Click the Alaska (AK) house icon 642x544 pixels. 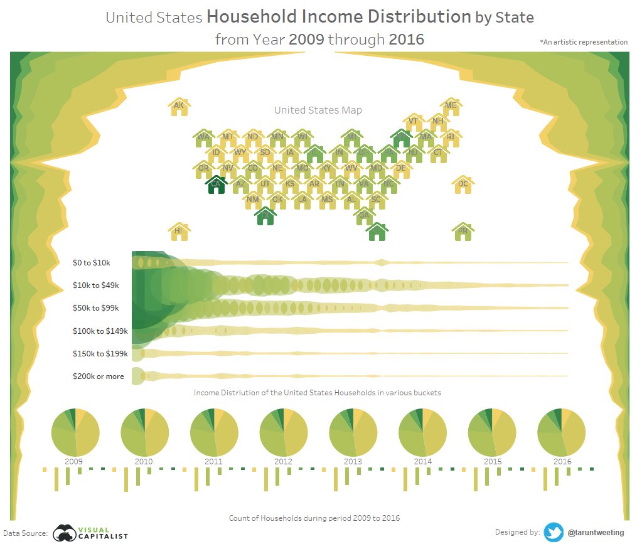point(179,107)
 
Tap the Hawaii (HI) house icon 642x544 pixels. point(179,231)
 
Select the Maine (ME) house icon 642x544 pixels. point(450,107)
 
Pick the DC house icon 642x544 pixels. point(463,184)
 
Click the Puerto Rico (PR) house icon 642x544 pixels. point(463,231)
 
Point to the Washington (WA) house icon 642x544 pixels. point(203,137)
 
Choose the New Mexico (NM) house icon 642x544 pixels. point(252,200)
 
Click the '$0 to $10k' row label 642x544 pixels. point(92,262)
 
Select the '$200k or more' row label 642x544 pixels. point(99,376)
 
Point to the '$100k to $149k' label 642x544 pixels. point(100,331)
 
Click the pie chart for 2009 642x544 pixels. point(75,432)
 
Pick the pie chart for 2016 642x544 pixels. point(562,432)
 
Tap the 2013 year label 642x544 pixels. point(353,462)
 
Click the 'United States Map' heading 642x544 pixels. point(318,110)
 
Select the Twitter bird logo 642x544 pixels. point(554,532)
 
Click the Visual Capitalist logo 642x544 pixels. point(90,533)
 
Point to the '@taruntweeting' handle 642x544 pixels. point(596,533)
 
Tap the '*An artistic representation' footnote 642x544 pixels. point(583,42)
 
